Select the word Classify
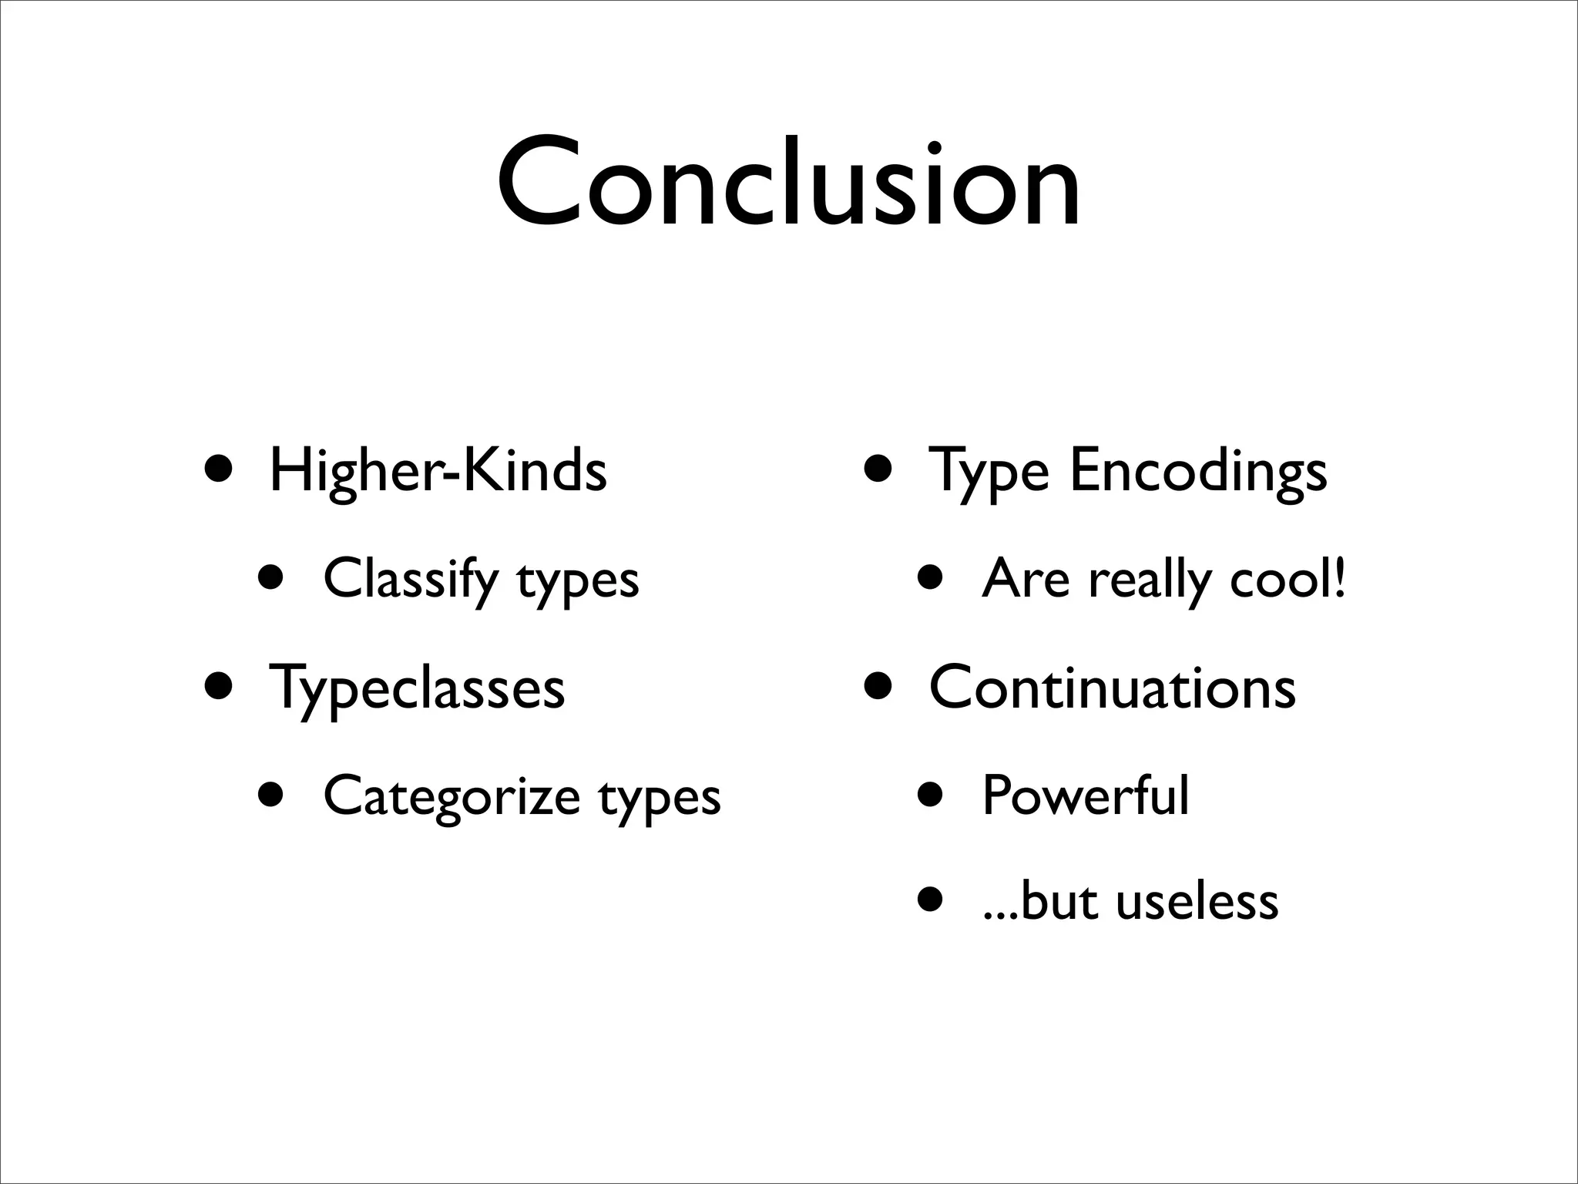410,579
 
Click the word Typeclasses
417,688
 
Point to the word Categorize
452,796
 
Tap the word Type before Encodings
989,472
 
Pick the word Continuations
1113,688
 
